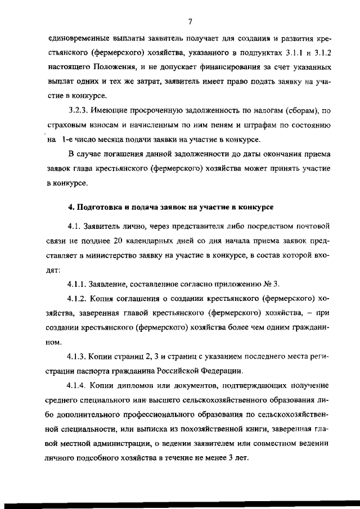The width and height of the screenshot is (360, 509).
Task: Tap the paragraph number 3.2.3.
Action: (79, 110)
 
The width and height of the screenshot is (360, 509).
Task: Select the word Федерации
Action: (223, 371)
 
